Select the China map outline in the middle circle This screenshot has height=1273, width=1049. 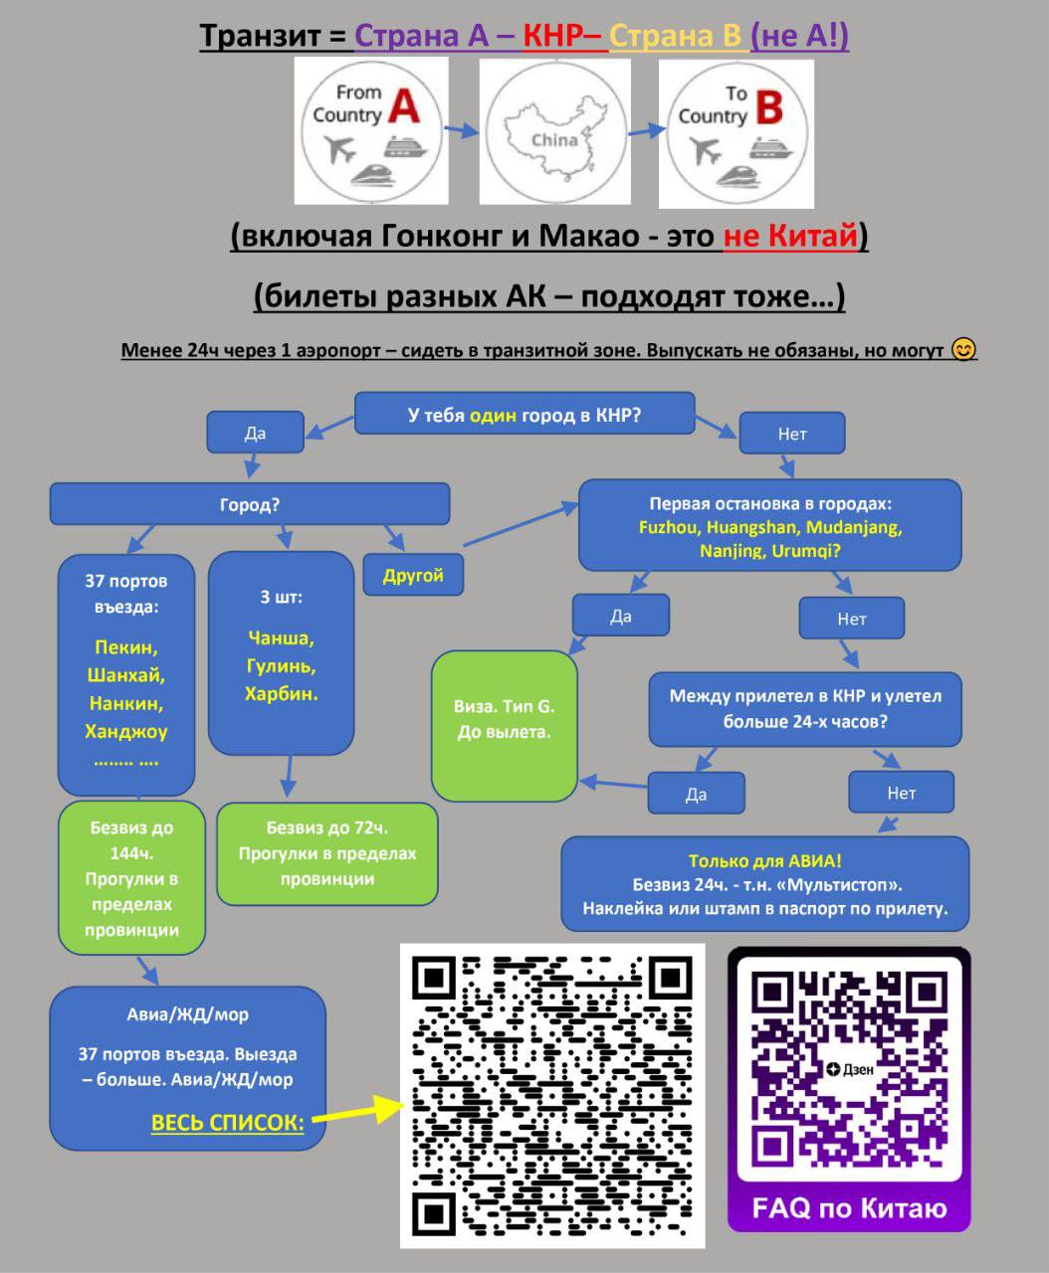click(554, 135)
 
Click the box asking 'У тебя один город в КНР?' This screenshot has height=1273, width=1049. click(524, 415)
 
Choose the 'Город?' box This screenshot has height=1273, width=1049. click(249, 504)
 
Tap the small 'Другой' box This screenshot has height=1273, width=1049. click(412, 575)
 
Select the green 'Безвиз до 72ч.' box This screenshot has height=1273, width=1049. click(326, 853)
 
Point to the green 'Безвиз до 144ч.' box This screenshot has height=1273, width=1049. click(131, 879)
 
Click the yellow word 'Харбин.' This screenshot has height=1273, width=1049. click(281, 693)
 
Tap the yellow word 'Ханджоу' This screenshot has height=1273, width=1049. click(126, 731)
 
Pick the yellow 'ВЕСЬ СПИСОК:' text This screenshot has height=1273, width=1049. click(227, 1123)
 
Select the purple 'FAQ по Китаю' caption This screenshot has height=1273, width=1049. click(849, 1208)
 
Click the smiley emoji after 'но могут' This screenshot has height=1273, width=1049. click(963, 349)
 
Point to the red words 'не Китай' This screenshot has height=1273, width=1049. click(790, 236)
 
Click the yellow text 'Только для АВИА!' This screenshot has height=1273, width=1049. click(764, 861)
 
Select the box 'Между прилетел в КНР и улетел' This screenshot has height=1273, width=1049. click(804, 708)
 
